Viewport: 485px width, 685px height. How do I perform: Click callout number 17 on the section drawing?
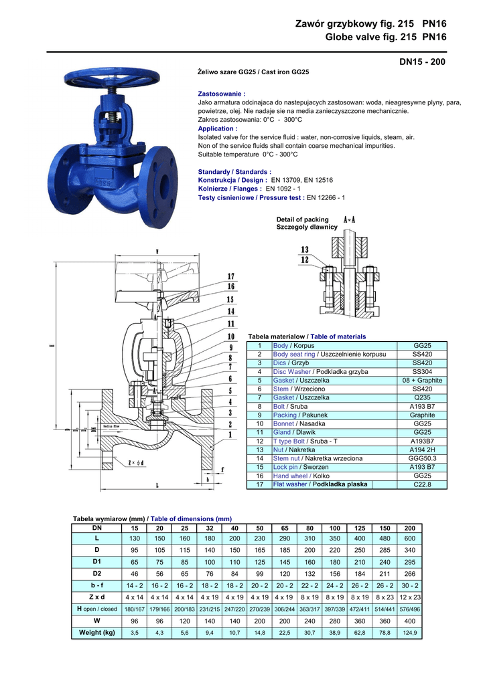click(230, 276)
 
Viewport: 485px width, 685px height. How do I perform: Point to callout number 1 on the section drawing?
click(230, 434)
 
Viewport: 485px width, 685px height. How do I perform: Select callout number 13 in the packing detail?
click(305, 250)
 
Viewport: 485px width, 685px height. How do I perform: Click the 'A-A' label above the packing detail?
click(349, 219)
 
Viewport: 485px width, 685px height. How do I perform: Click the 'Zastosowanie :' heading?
click(222, 94)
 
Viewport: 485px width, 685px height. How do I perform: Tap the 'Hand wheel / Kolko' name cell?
click(298, 476)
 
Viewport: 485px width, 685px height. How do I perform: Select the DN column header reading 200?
click(410, 527)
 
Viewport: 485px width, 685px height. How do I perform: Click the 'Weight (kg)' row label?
click(97, 632)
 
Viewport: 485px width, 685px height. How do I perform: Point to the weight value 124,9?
click(410, 632)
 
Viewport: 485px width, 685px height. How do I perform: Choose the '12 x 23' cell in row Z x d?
click(410, 597)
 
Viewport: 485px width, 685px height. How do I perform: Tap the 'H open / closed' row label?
click(97, 609)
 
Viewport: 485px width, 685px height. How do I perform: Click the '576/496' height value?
click(410, 609)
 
